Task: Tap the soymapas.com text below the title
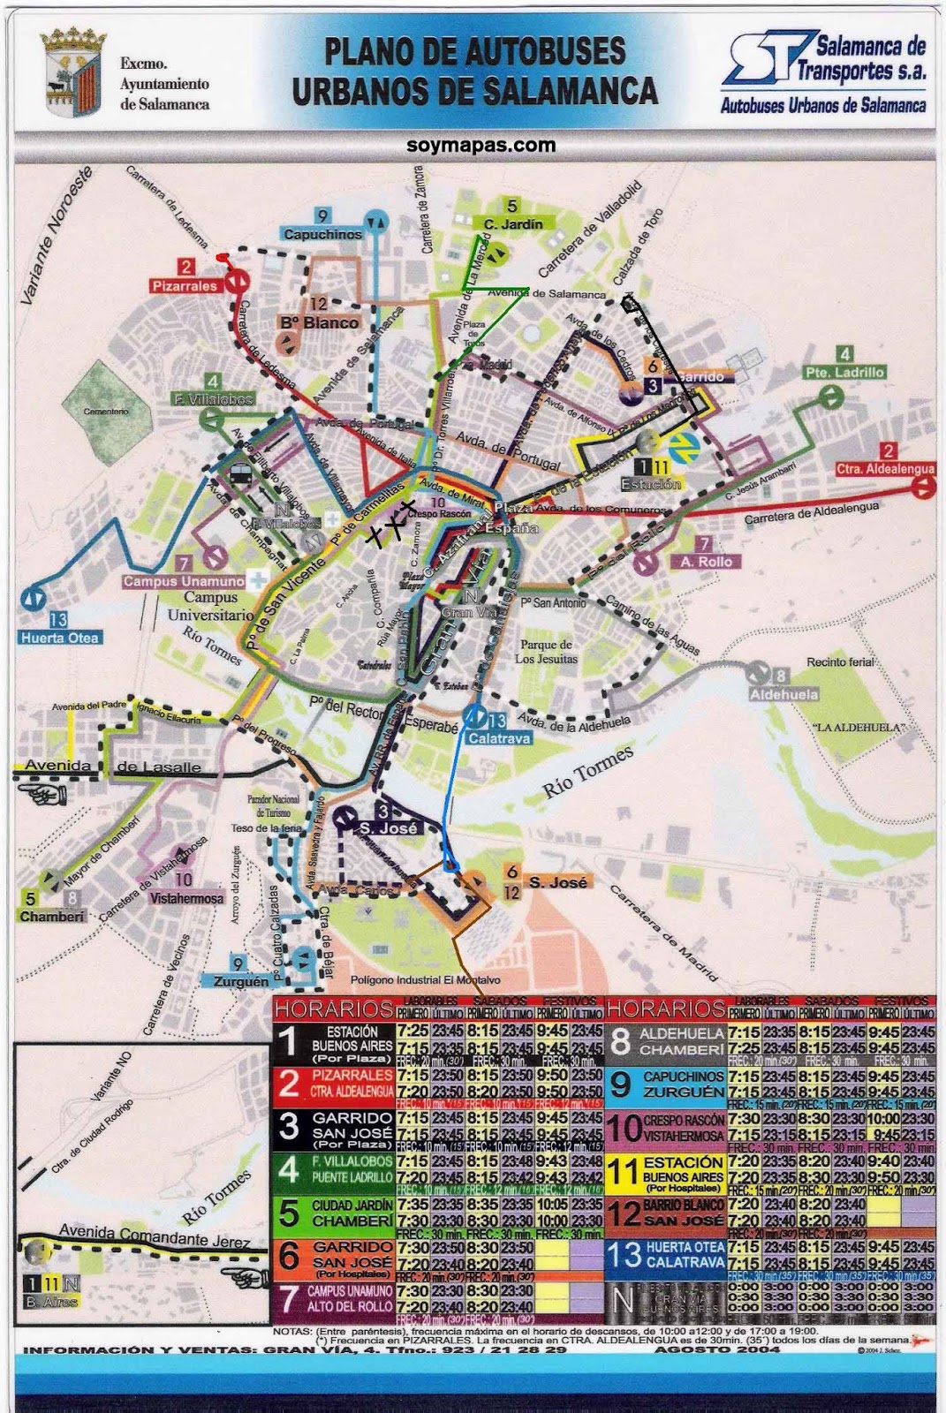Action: coord(481,146)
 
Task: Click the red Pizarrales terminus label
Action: coord(185,286)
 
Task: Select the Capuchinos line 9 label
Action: coord(323,234)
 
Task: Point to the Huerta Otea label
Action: coord(60,638)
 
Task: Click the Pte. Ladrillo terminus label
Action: coord(844,373)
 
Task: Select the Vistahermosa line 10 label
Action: coord(186,898)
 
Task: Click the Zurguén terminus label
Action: coord(240,981)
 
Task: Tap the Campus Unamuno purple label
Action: coord(184,581)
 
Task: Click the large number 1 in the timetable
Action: coord(289,1042)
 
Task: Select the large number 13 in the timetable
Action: coord(624,1256)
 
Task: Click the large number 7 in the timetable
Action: coord(289,1298)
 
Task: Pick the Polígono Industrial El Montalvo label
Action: coord(425,980)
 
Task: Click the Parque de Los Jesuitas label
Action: coord(547,651)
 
